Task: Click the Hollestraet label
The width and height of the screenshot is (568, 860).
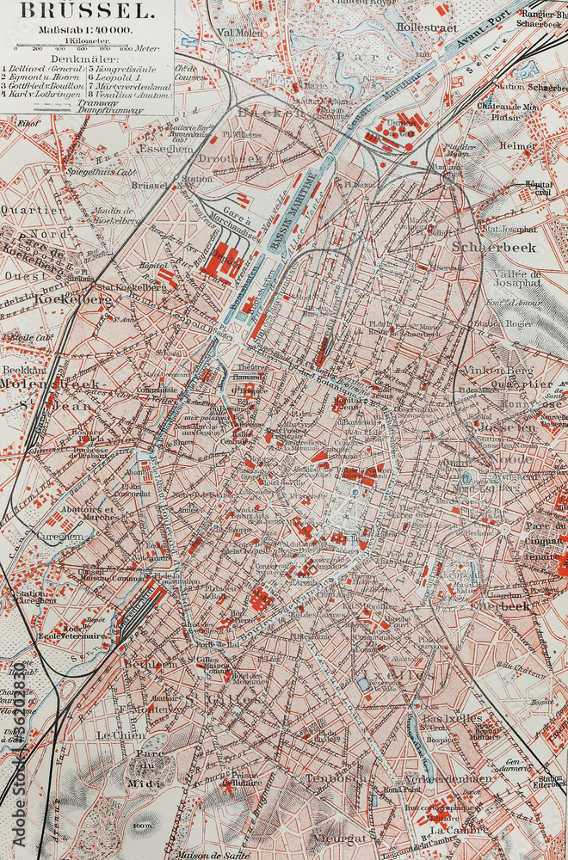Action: pyautogui.click(x=420, y=27)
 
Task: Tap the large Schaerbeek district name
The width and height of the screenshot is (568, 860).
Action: pyautogui.click(x=494, y=247)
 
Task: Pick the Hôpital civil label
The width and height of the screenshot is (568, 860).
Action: pyautogui.click(x=539, y=188)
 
